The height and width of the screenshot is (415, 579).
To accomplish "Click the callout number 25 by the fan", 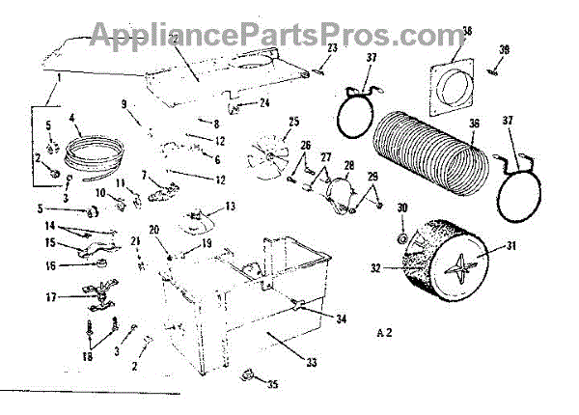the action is [293, 122].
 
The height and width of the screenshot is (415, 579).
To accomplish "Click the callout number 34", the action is [341, 318].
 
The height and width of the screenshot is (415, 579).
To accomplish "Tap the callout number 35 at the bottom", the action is [273, 385].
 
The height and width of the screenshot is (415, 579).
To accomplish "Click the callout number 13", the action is [230, 207].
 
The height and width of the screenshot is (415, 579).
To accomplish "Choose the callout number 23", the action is [331, 47].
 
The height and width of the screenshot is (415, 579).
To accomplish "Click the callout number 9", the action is [123, 103].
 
